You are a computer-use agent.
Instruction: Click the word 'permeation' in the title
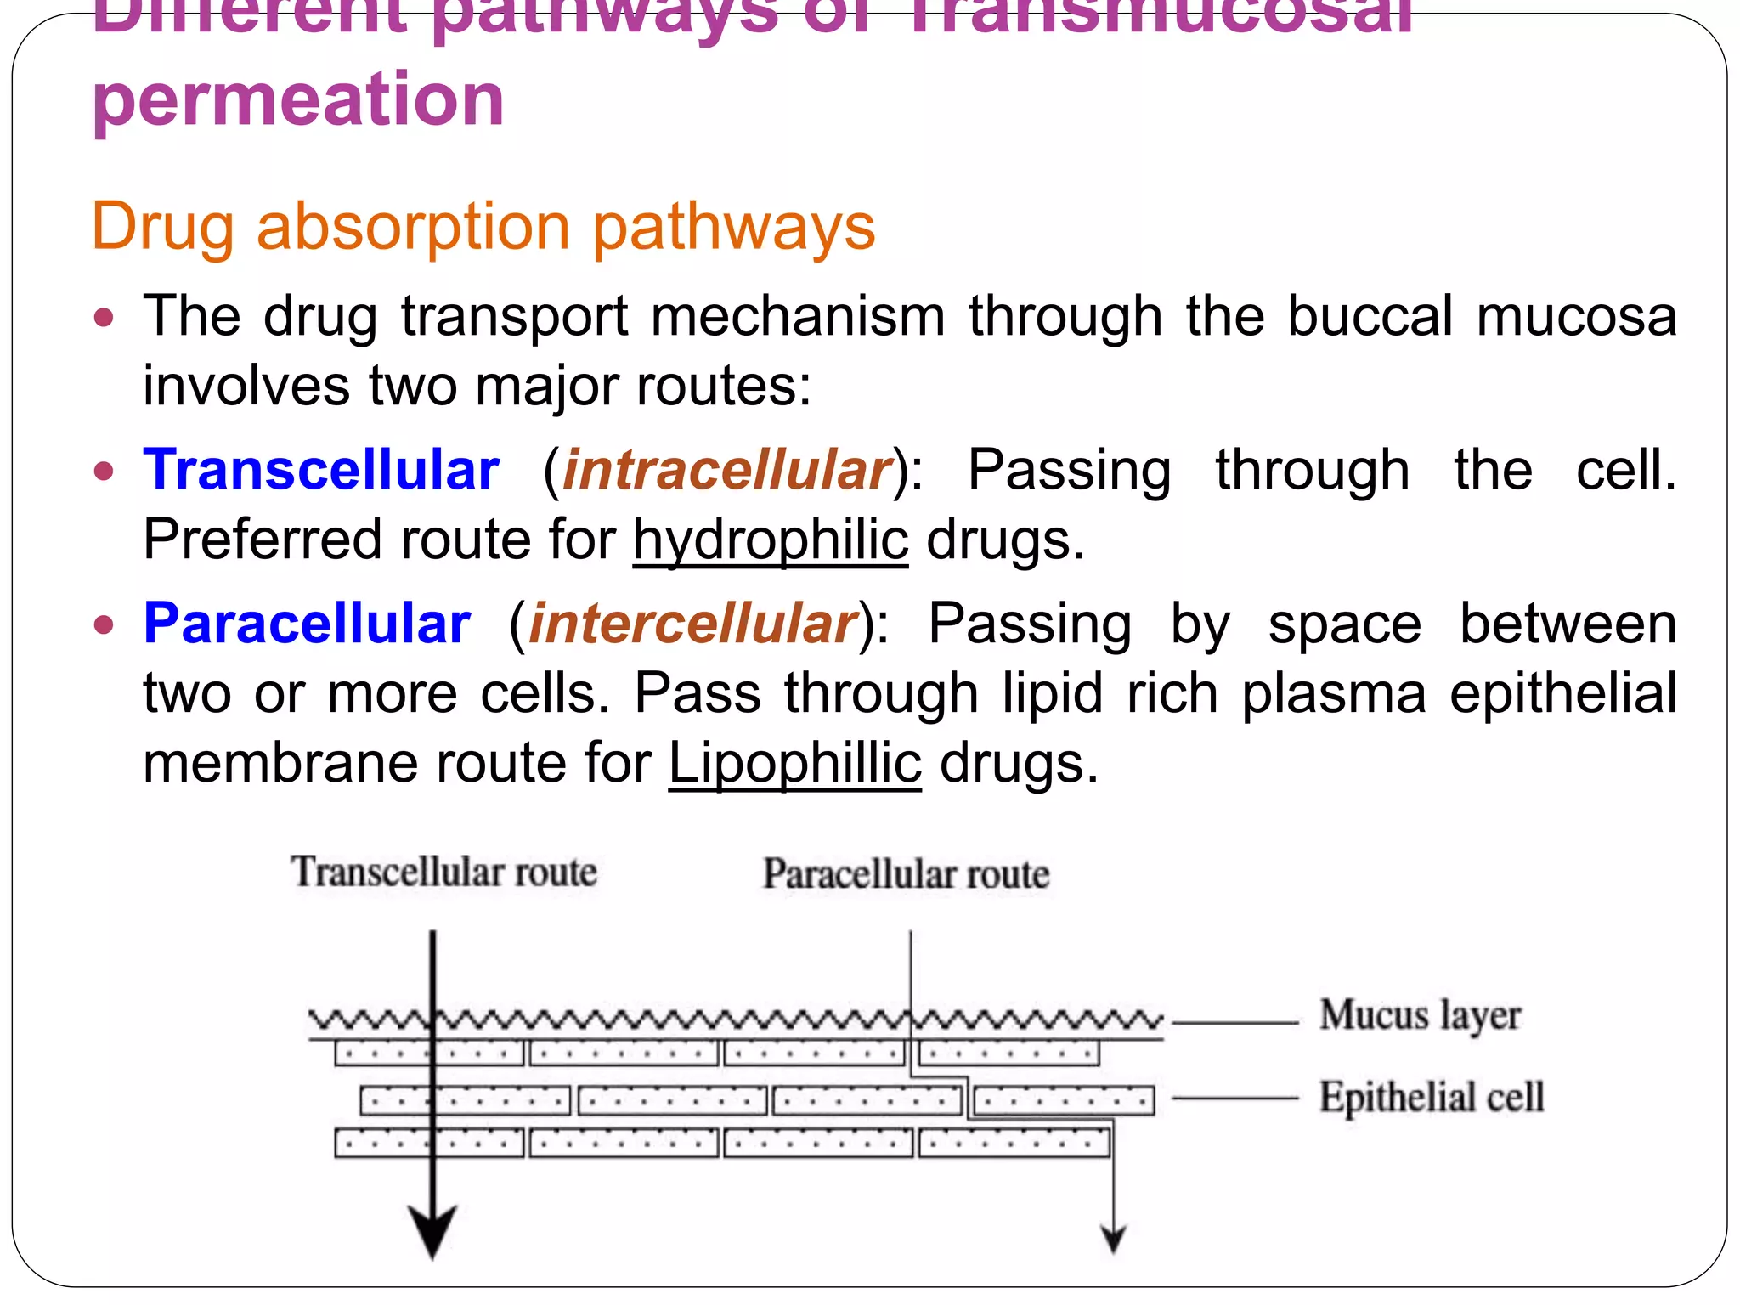click(x=298, y=99)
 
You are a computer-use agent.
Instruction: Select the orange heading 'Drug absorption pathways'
click(x=483, y=227)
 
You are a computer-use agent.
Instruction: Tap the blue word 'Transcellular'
click(x=321, y=470)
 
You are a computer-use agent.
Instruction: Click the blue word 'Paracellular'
click(x=307, y=624)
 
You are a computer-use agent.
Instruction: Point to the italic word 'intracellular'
click(x=727, y=470)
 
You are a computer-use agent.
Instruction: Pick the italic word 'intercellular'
click(x=692, y=624)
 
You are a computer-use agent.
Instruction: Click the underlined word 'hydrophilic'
click(x=771, y=540)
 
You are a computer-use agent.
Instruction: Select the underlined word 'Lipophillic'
click(x=794, y=763)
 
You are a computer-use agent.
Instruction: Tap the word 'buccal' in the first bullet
click(x=1370, y=316)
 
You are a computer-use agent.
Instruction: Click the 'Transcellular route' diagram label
click(x=444, y=873)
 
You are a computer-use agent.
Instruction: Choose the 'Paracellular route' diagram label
click(x=906, y=874)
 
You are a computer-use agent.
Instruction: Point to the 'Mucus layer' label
click(x=1420, y=1016)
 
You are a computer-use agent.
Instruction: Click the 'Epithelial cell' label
click(x=1431, y=1097)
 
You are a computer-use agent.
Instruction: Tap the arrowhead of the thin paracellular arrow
click(x=1113, y=1240)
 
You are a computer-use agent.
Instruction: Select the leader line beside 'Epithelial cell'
click(x=1235, y=1099)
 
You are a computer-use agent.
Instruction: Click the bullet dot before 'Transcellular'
click(x=104, y=472)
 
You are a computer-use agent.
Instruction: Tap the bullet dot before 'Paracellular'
click(x=104, y=625)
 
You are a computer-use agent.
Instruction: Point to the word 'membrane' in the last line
click(x=279, y=763)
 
